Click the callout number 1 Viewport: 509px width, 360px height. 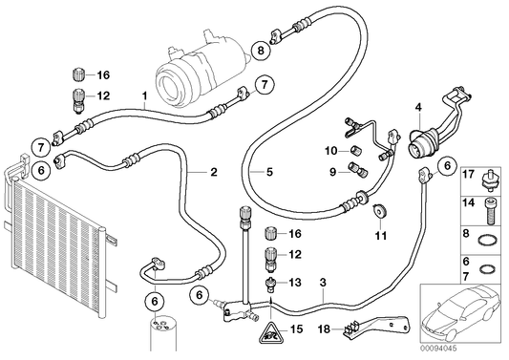pos(144,95)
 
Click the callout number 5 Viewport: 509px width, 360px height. pos(269,173)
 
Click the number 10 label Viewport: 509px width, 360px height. pos(329,151)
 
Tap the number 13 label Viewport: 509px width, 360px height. pos(294,283)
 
